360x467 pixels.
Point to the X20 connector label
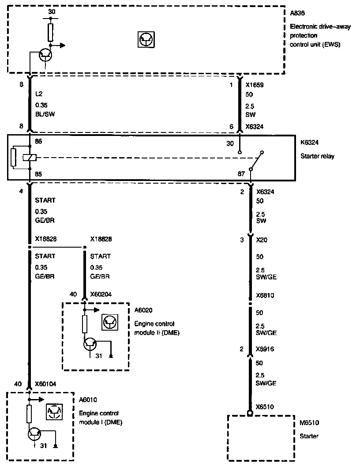[x=262, y=240]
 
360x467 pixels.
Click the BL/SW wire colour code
[x=45, y=114]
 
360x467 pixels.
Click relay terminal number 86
[x=38, y=142]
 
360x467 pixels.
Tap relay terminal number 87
[x=241, y=173]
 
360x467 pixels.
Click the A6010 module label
[x=88, y=400]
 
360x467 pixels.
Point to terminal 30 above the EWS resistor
[x=52, y=12]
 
